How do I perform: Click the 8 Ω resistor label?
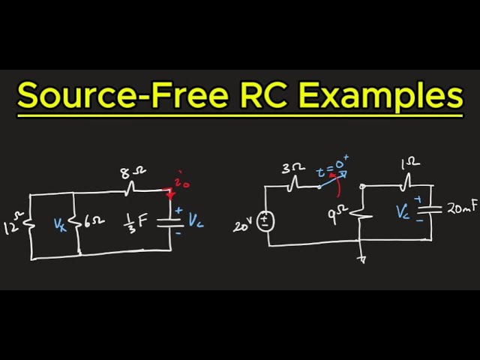tap(128, 172)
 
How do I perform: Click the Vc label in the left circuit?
tap(195, 221)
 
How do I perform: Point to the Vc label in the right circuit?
tap(402, 211)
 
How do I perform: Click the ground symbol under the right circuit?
tap(362, 258)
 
